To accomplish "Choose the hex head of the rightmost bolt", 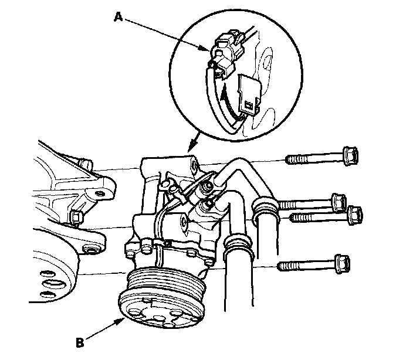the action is click(x=356, y=215).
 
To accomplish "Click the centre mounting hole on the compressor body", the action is click(x=182, y=222).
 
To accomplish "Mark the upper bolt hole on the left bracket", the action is click(x=104, y=192).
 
